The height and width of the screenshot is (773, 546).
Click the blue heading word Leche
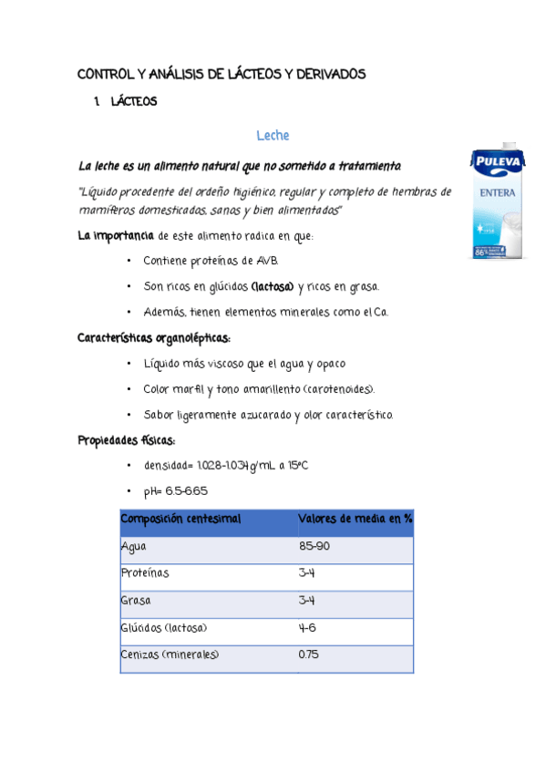click(273, 136)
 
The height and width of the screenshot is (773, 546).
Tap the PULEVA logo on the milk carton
click(497, 163)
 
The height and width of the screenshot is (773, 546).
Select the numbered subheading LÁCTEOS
click(134, 102)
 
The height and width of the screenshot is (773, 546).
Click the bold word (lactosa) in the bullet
click(272, 287)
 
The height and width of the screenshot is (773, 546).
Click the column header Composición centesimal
click(180, 519)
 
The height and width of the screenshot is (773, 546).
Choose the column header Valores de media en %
click(355, 519)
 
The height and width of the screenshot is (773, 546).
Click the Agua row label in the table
click(134, 547)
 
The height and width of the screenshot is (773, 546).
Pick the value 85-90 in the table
click(314, 547)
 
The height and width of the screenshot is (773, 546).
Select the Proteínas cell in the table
click(145, 574)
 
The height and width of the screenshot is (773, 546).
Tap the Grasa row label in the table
click(136, 602)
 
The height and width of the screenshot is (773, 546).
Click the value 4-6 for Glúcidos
click(307, 628)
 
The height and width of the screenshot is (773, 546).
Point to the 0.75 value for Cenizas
click(309, 654)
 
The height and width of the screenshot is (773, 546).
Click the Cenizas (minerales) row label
click(170, 654)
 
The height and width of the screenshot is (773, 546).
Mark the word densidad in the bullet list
click(166, 466)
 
